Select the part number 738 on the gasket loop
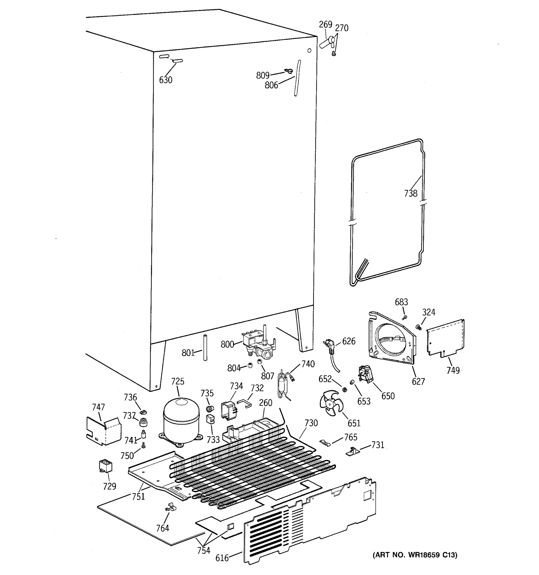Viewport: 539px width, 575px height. [411, 193]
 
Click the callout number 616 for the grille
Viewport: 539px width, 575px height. [222, 558]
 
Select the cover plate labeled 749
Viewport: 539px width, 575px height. [445, 337]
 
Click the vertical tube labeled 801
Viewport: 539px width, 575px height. [205, 348]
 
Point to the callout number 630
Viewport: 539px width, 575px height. [166, 80]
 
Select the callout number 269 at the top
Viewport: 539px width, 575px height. [325, 25]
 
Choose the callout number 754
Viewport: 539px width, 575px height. [204, 550]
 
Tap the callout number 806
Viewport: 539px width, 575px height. [271, 85]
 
